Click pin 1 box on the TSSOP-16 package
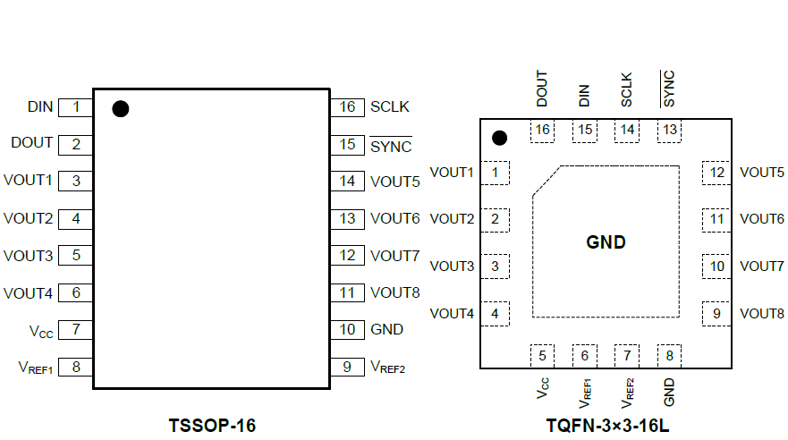[76, 107]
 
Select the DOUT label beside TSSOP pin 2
[32, 143]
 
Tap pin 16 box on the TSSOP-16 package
[347, 107]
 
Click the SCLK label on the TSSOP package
[390, 107]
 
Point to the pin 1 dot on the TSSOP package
[121, 109]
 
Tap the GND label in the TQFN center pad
[606, 242]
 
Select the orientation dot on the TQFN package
[500, 138]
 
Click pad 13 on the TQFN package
[669, 131]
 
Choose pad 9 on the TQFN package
[716, 314]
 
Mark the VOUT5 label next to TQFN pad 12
[762, 173]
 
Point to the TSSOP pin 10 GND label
[386, 329]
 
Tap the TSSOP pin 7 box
[76, 329]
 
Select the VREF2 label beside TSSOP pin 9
[388, 367]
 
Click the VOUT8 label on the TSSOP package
[394, 292]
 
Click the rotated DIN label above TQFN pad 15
[584, 96]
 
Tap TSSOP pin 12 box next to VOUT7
[347, 256]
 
